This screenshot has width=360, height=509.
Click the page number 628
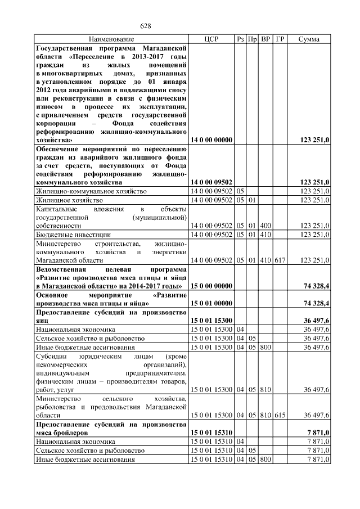pyautogui.click(x=146, y=26)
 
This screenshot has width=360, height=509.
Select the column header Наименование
pyautogui.click(x=111, y=39)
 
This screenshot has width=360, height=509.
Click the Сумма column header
pyautogui.click(x=309, y=39)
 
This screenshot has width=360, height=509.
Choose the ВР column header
pyautogui.click(x=265, y=39)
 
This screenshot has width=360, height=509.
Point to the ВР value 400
pyautogui.click(x=265, y=225)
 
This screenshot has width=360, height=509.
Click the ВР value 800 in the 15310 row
pyautogui.click(x=265, y=460)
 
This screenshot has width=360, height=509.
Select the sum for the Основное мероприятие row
pyautogui.click(x=316, y=303)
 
